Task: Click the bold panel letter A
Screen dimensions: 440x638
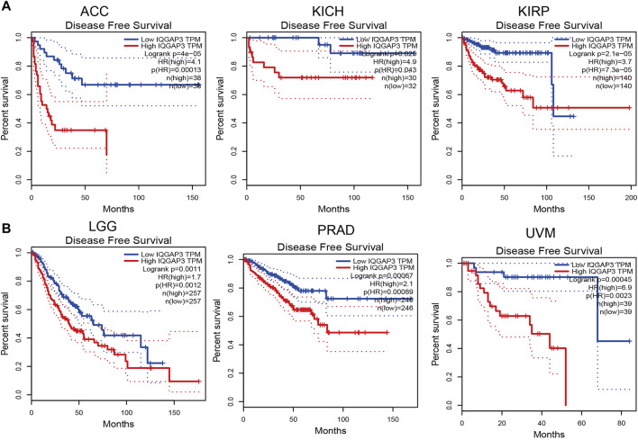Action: click(x=6, y=7)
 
